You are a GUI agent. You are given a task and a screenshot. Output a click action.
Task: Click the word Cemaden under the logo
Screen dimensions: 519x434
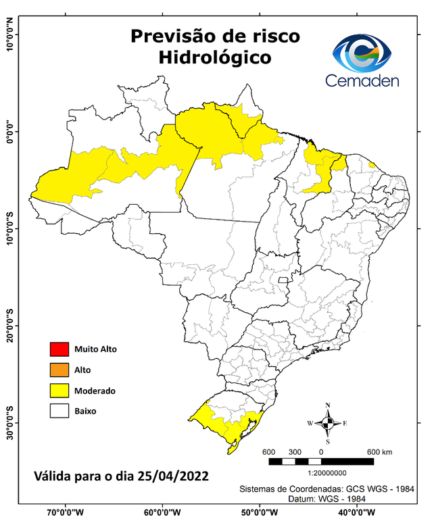(362, 80)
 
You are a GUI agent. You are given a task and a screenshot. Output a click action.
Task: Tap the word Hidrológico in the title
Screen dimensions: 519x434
(215, 57)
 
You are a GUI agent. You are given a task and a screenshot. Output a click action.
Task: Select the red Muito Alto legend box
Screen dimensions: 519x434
(59, 349)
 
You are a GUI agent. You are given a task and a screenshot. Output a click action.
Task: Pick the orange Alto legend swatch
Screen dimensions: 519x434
(59, 370)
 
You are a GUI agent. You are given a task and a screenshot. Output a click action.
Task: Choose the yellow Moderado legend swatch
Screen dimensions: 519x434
(59, 390)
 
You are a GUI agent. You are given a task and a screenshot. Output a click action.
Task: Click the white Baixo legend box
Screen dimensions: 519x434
(59, 410)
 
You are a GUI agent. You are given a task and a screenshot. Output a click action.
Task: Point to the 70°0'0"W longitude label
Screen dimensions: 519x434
(65, 512)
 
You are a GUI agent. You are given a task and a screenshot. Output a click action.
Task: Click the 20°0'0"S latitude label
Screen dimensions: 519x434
(10, 326)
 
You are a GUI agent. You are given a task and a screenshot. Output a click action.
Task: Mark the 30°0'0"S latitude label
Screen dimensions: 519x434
(10, 422)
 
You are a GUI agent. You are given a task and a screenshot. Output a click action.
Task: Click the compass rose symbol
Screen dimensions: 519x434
(328, 424)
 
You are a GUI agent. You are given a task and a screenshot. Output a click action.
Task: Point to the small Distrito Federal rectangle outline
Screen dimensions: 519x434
(285, 279)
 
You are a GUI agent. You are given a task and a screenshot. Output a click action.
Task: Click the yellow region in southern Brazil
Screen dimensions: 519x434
(226, 426)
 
